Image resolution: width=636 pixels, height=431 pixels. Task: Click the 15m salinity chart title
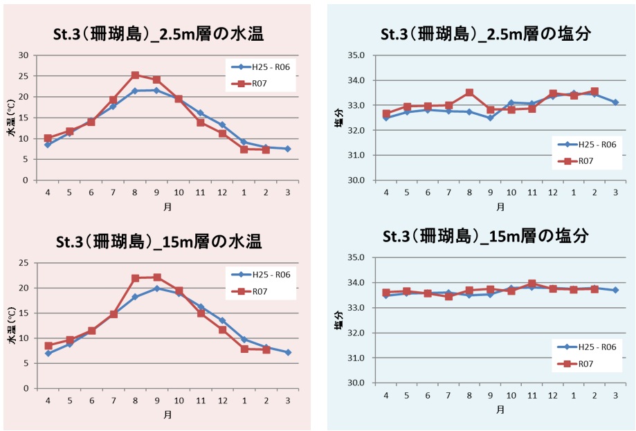(485, 237)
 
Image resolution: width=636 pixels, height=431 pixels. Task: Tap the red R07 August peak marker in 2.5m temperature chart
(135, 75)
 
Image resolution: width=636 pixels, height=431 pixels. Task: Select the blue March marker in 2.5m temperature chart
(288, 149)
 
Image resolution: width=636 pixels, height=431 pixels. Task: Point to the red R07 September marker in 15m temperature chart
(156, 277)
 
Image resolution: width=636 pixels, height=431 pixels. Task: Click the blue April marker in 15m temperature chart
(48, 354)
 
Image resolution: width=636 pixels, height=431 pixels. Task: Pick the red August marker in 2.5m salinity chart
(469, 92)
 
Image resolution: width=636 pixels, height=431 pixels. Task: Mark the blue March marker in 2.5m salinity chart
(615, 102)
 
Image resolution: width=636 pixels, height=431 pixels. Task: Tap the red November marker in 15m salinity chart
(531, 284)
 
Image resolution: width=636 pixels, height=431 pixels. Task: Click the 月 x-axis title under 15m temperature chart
(167, 415)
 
